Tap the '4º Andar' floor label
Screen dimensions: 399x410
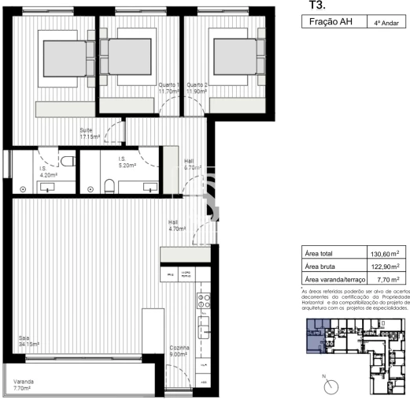pyautogui.click(x=385, y=24)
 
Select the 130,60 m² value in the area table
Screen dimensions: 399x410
pyautogui.click(x=386, y=254)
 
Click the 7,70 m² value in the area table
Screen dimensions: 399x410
pyautogui.click(x=386, y=279)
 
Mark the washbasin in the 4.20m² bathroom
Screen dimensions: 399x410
pyautogui.click(x=49, y=188)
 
